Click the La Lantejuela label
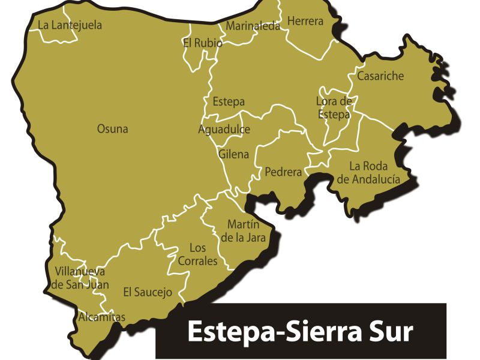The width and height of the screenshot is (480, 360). pyautogui.click(x=70, y=25)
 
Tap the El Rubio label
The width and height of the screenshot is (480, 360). pyautogui.click(x=202, y=43)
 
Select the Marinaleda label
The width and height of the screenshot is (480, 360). pyautogui.click(x=253, y=26)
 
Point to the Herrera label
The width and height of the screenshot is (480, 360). pyautogui.click(x=305, y=22)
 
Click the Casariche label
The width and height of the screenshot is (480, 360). pyautogui.click(x=380, y=76)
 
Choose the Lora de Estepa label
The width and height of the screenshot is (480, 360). pyautogui.click(x=334, y=107)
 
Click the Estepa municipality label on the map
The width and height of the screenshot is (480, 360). pyautogui.click(x=229, y=102)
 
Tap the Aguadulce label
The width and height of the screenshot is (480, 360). pyautogui.click(x=224, y=130)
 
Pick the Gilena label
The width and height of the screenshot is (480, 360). pyautogui.click(x=233, y=154)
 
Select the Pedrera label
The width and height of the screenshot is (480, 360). pyautogui.click(x=283, y=172)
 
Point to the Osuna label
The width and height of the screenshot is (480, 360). pyautogui.click(x=112, y=129)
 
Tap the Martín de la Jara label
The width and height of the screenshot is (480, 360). pyautogui.click(x=243, y=231)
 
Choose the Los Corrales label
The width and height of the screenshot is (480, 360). pyautogui.click(x=198, y=254)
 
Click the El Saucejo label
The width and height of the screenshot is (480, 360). pyautogui.click(x=148, y=292)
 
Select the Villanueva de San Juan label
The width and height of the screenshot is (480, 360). pyautogui.click(x=79, y=277)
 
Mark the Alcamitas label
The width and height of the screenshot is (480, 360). pyautogui.click(x=102, y=317)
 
